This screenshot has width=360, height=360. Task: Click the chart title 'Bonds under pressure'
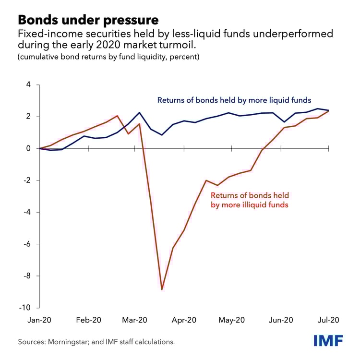tap(88, 21)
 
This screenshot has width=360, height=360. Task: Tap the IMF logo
tap(329, 341)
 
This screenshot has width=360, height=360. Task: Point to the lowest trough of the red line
tap(162, 289)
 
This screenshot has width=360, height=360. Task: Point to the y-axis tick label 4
tap(28, 85)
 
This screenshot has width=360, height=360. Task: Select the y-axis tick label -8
tap(27, 276)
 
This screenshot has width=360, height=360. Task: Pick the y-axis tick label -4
tap(27, 212)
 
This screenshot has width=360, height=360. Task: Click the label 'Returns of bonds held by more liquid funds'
tap(234, 100)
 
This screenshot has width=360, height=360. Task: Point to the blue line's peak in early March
tap(139, 112)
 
